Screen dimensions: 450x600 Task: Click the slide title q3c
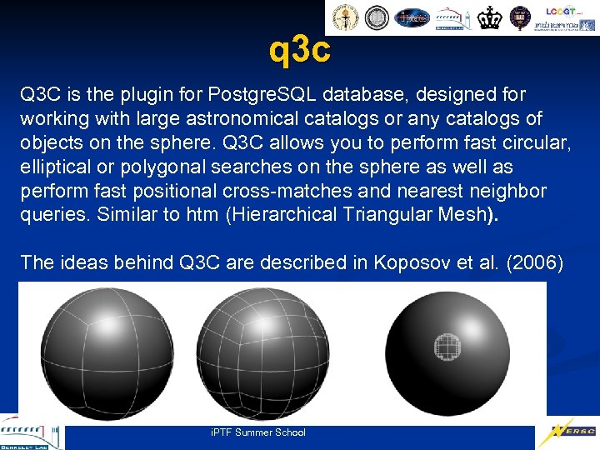[x=300, y=51]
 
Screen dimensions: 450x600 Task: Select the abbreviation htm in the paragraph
[x=203, y=215]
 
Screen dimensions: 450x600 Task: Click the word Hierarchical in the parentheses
[x=283, y=215]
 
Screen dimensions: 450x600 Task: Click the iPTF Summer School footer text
[x=258, y=432]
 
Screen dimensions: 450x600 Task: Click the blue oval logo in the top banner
[x=412, y=17]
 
